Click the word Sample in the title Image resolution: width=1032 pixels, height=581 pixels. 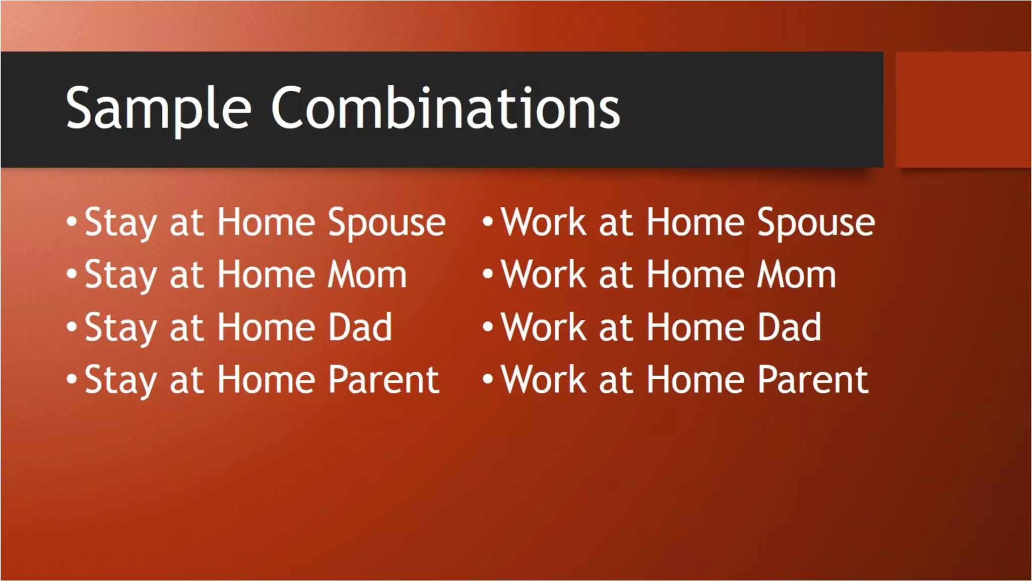coord(158,108)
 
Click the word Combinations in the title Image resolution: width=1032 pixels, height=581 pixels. coord(445,108)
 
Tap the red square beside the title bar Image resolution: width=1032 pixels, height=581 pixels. coord(963,109)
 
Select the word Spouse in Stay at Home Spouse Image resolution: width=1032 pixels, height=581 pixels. coord(386,223)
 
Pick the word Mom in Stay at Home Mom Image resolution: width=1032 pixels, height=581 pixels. coord(367,275)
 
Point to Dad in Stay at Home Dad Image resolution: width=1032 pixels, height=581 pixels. coord(360,328)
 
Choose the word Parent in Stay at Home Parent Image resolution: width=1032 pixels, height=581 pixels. coord(383,380)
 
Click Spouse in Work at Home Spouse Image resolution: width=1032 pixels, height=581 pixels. coord(816,223)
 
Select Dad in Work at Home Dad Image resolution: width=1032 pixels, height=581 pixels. coord(790,328)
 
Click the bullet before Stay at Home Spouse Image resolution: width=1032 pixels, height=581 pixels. coord(72,221)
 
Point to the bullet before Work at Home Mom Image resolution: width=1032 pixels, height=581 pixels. coord(487,274)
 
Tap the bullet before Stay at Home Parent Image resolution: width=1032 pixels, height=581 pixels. coord(72,379)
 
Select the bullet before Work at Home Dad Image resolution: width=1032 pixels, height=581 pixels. coord(487,326)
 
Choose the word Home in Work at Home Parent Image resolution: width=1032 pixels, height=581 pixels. coord(695,380)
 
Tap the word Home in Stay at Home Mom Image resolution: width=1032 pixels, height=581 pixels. coord(266,275)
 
